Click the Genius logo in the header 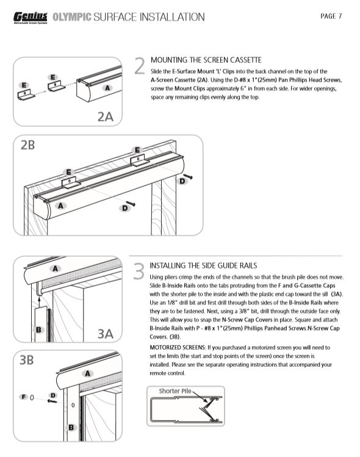coord(31,18)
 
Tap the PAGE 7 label coord(331,16)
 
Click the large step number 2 coord(140,66)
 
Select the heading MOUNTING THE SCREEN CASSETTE coord(206,60)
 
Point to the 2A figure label coord(105,117)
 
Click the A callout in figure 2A coord(107,88)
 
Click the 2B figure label coord(27,145)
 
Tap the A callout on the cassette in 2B coord(60,206)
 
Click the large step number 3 coord(139,272)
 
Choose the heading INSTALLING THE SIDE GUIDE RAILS coord(203,265)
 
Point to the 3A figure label coord(105,334)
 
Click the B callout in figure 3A coord(38,330)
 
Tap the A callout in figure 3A coord(55,268)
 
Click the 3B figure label coord(26,360)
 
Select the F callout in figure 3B coord(24,397)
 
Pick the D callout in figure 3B coord(52,395)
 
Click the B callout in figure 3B coord(71,428)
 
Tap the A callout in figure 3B coord(87,373)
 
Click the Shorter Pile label coord(175,391)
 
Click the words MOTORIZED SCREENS coord(178,347)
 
